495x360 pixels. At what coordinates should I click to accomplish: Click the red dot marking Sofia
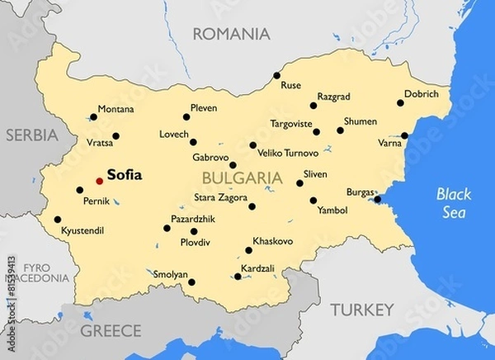pos(99,180)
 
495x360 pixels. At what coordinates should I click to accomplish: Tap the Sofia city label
pos(125,175)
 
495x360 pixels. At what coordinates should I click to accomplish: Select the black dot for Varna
pos(404,136)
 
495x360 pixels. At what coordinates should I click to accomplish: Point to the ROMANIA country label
pos(231,34)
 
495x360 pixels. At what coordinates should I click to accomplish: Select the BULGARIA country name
pos(242,177)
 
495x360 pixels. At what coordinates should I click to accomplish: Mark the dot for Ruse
pos(277,76)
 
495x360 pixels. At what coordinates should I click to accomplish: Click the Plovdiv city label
pos(196,243)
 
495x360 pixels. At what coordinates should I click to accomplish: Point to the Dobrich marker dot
pos(400,103)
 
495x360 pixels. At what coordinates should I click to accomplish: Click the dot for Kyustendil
pos(57,220)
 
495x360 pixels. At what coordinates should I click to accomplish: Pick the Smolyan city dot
pos(191,282)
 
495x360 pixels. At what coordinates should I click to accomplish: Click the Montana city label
pos(115,109)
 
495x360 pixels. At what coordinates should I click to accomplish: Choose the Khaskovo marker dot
pos(248,250)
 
